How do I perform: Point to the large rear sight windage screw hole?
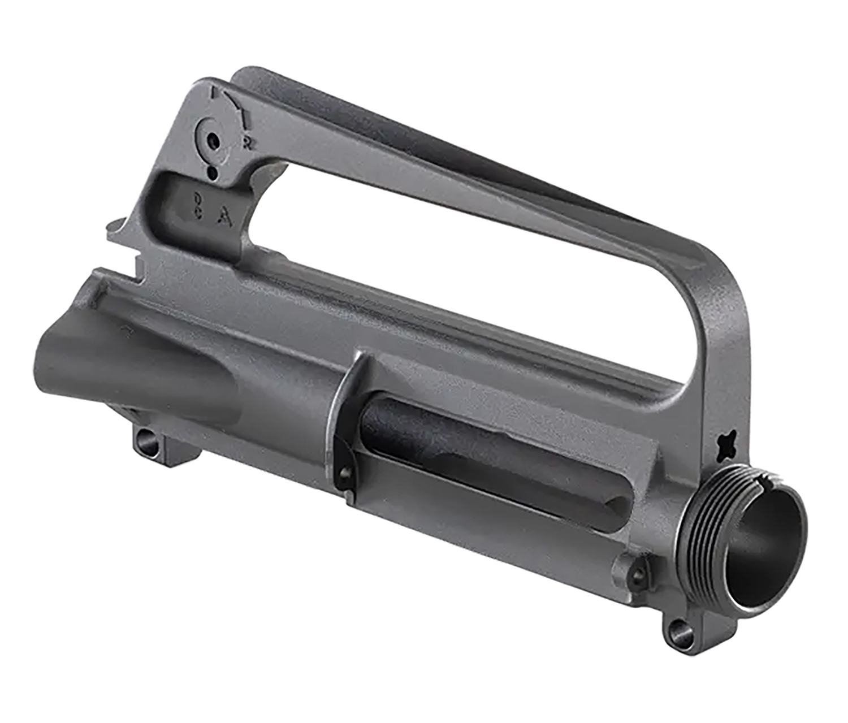[x=213, y=140]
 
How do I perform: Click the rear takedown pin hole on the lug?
[x=146, y=438]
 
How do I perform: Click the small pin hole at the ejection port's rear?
[x=344, y=471]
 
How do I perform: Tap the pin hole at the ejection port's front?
[x=638, y=575]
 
